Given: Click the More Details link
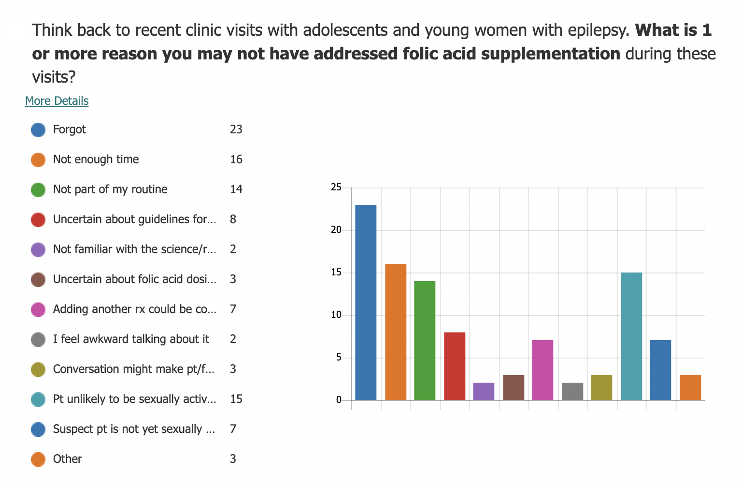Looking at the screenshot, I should point(57,100).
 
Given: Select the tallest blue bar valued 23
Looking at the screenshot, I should point(366,302).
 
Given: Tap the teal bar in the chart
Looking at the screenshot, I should point(631,336).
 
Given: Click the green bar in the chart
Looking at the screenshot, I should point(425,341).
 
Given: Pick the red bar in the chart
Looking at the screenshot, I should point(455,366).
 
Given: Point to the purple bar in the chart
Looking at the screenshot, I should point(484,391).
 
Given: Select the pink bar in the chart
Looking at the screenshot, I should point(542,370).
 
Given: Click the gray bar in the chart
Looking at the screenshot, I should point(572,391).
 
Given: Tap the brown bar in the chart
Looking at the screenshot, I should point(514,388).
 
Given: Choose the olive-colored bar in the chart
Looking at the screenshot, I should point(601,388).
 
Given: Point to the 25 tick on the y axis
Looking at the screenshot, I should point(336,187).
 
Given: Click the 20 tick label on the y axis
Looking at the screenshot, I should point(336,230).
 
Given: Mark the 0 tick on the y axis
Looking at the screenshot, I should point(339,400).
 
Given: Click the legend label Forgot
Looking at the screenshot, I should point(70,129).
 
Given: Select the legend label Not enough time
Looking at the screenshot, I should point(96,159).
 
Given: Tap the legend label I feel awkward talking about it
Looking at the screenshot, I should point(131,339).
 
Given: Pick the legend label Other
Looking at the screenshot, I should point(67,459).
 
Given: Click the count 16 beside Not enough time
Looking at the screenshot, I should point(236,159).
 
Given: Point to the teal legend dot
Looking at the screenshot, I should point(38,399).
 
